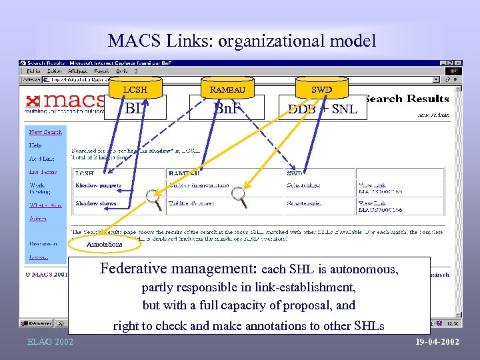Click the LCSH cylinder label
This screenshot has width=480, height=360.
(x=135, y=89)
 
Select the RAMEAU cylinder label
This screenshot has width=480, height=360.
(x=228, y=89)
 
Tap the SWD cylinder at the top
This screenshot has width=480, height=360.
(x=321, y=89)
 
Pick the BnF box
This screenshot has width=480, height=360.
(x=227, y=107)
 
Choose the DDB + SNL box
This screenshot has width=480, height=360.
(x=322, y=108)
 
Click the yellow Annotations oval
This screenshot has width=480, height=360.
(x=105, y=244)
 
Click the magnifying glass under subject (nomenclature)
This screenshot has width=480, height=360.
(x=239, y=196)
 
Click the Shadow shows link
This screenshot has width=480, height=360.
(x=96, y=203)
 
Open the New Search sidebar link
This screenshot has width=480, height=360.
(x=45, y=132)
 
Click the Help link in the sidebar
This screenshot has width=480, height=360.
(x=35, y=145)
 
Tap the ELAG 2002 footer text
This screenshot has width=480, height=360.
(x=51, y=342)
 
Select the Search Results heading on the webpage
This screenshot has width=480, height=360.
(x=407, y=99)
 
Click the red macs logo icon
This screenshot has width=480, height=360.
(x=31, y=101)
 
